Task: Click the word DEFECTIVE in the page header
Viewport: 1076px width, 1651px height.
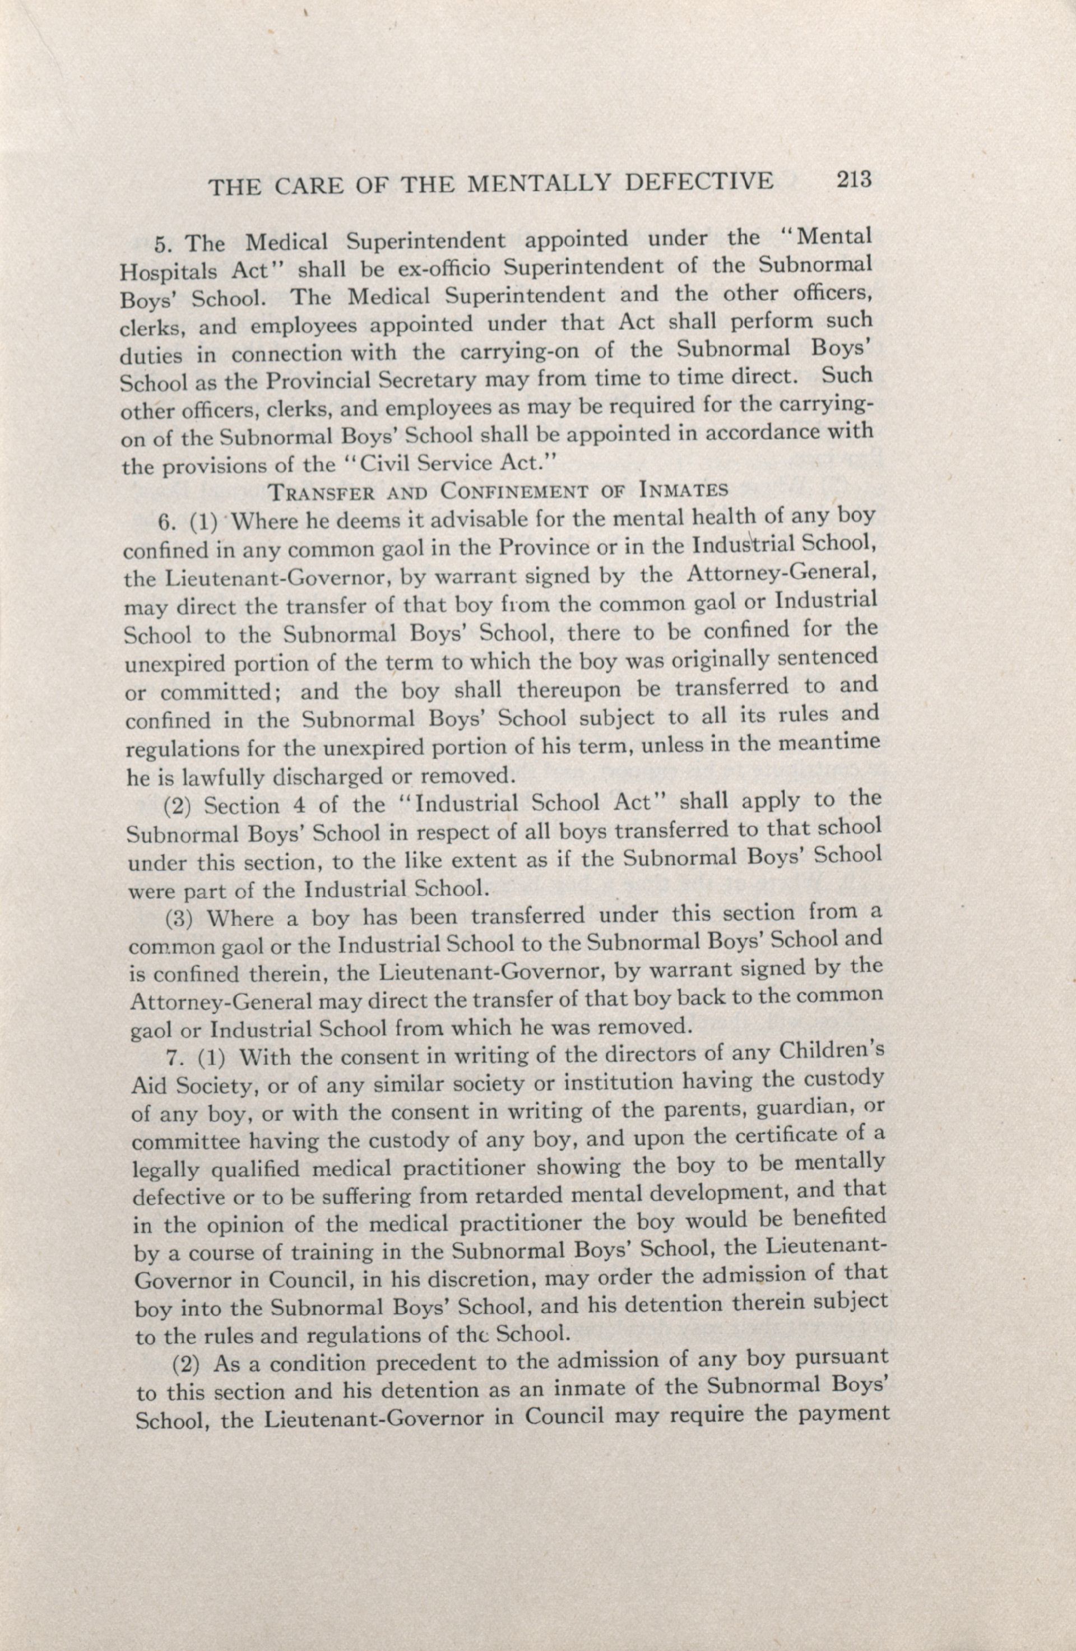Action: pyautogui.click(x=699, y=183)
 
